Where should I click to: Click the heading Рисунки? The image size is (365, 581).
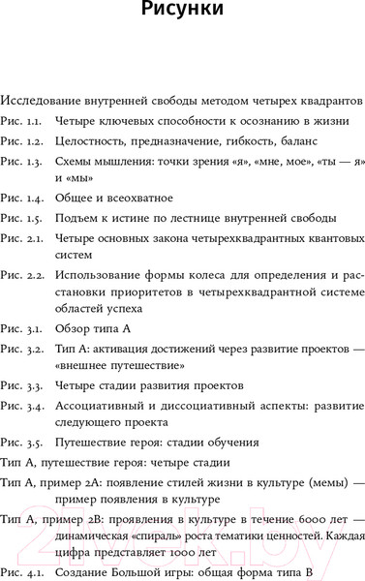coord(182,13)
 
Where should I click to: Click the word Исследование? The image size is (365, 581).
coord(44,100)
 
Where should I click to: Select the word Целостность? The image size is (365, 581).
coord(94,141)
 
